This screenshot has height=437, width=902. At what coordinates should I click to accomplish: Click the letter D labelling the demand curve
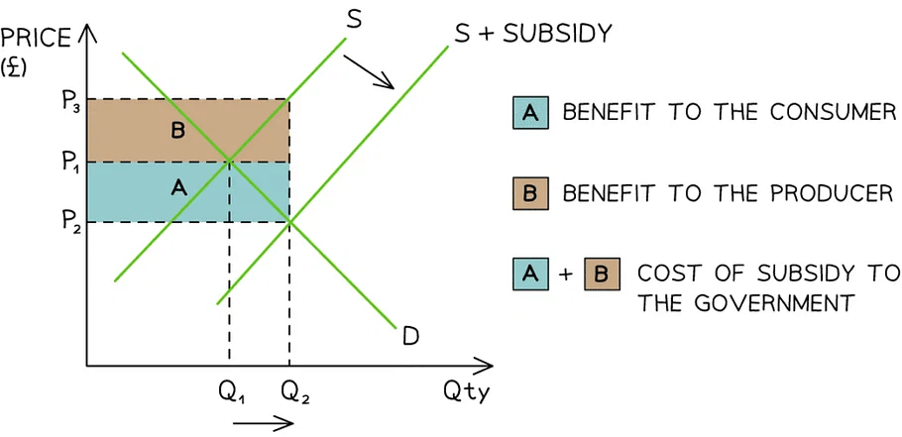pos(410,337)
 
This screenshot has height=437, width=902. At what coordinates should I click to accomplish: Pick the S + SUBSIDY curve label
pos(532,33)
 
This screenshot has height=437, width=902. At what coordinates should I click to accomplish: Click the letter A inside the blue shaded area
pos(178,186)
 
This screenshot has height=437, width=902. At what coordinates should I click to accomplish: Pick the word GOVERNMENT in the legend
pos(745,303)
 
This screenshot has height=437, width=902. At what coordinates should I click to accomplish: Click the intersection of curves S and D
pos(229,161)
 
